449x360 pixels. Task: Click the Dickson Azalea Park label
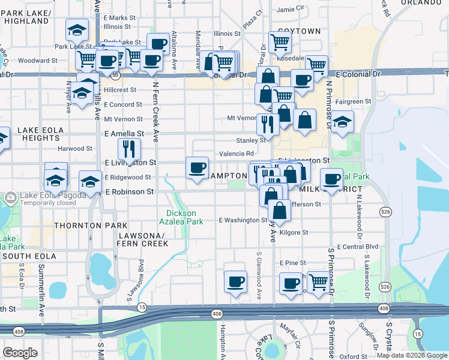(184, 217)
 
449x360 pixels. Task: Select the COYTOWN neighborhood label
(300, 31)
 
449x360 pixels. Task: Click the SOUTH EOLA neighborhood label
(28, 256)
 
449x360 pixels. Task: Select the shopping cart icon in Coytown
(280, 42)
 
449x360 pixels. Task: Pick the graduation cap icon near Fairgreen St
(342, 122)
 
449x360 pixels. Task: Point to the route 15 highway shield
(142, 307)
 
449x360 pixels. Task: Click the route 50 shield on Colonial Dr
(115, 76)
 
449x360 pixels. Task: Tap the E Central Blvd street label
(357, 247)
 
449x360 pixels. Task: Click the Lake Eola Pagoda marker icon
(10, 197)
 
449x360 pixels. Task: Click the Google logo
(20, 353)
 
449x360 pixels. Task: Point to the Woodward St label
(37, 61)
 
